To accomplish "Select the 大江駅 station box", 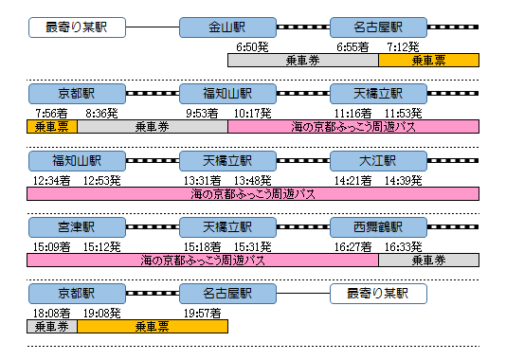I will click(x=378, y=160).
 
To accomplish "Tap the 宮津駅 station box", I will click(x=77, y=227).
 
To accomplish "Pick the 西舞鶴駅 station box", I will click(x=378, y=227).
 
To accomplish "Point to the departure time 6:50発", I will click(x=253, y=45).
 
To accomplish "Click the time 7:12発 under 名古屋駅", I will click(x=405, y=45).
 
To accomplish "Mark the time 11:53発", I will click(x=405, y=113).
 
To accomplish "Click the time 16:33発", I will click(x=405, y=246).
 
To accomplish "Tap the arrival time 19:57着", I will click(x=202, y=313).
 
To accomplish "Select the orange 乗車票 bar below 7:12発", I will click(x=428, y=60).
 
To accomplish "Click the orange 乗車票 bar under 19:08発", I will click(x=152, y=326).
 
